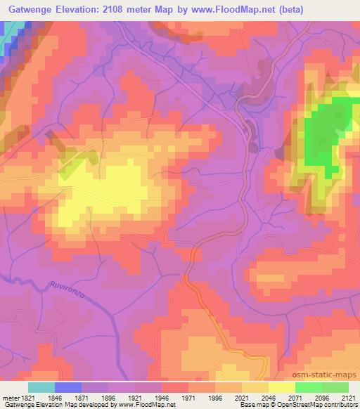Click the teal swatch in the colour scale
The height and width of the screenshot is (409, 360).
(41, 387)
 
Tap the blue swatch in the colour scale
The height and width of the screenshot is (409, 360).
(68, 387)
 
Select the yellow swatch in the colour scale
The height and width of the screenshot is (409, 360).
(281, 387)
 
